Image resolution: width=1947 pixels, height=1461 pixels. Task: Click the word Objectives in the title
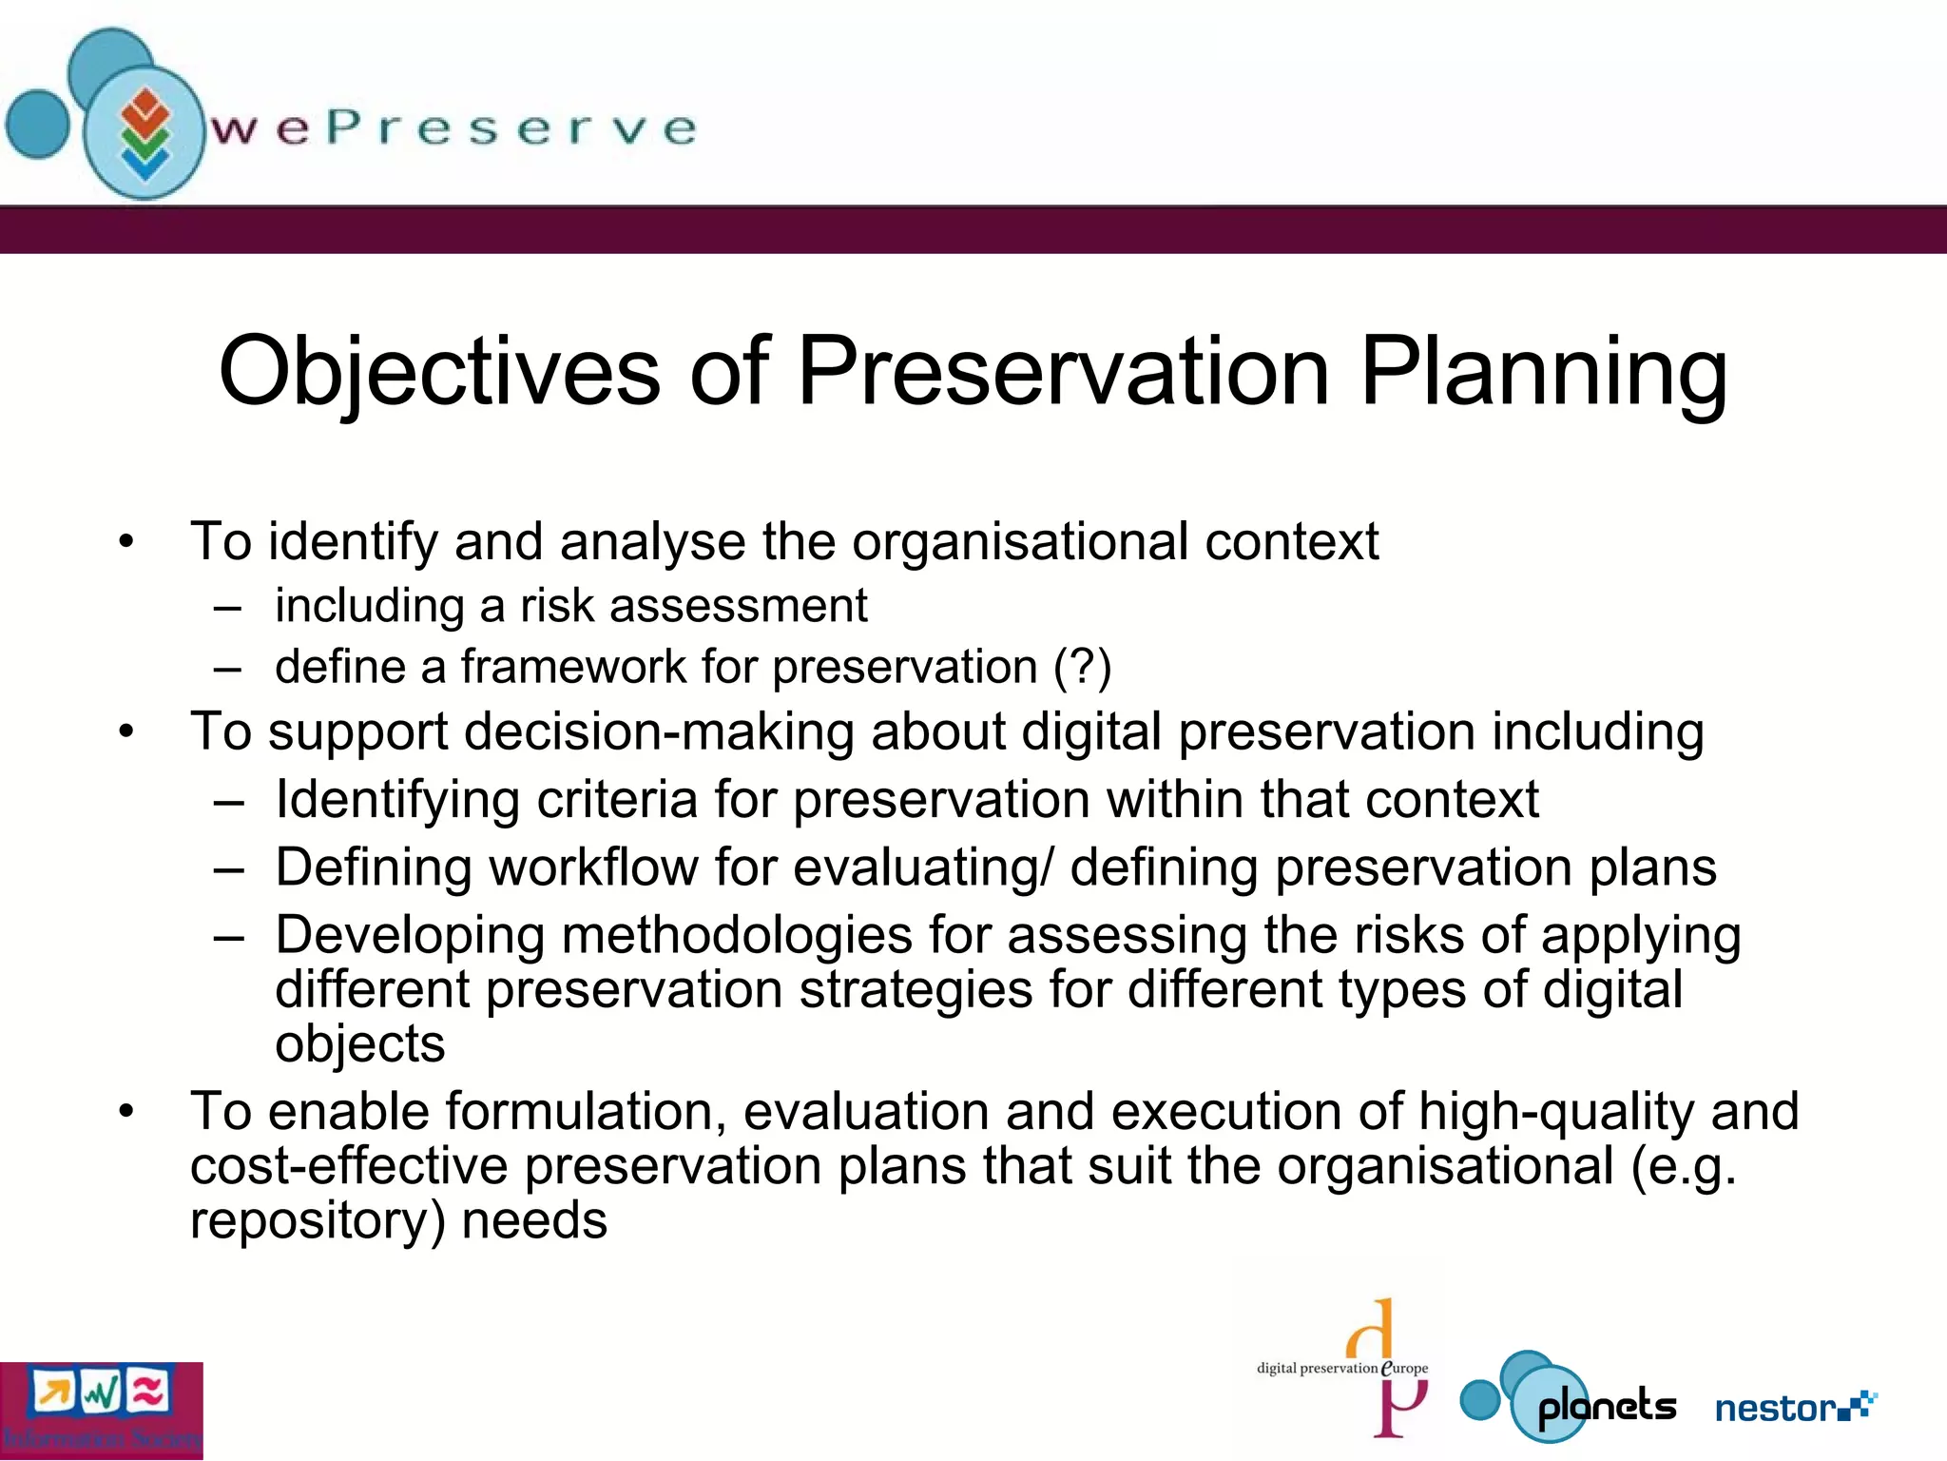[438, 373]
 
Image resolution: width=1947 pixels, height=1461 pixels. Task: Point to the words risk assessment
[693, 606]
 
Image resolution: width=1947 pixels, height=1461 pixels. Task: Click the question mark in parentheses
[1083, 667]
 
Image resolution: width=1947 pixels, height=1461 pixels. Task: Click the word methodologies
[737, 935]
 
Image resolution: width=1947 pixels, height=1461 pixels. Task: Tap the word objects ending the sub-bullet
[359, 1044]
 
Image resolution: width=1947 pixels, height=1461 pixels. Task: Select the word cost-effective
[349, 1166]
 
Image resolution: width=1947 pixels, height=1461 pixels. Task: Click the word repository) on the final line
[318, 1221]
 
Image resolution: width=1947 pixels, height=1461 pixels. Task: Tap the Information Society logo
[101, 1411]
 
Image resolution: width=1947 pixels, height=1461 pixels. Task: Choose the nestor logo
[1794, 1407]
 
